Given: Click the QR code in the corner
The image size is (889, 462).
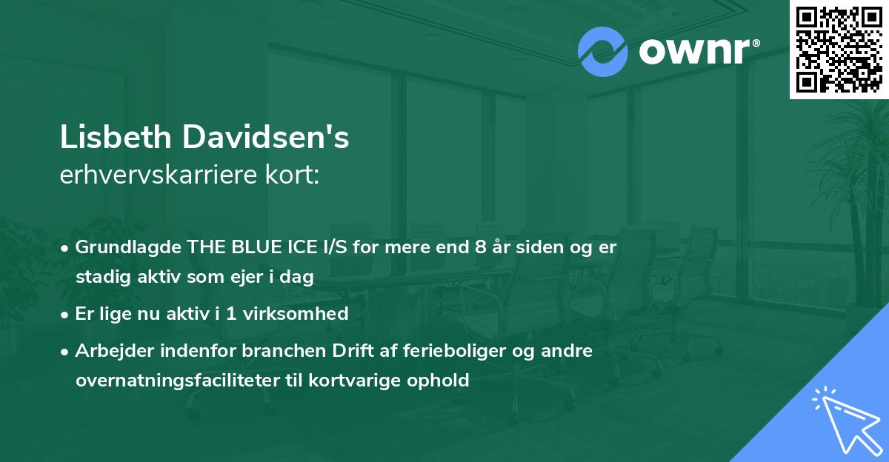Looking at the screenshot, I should (839, 50).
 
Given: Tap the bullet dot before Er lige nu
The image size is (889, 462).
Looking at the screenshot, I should (66, 314).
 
